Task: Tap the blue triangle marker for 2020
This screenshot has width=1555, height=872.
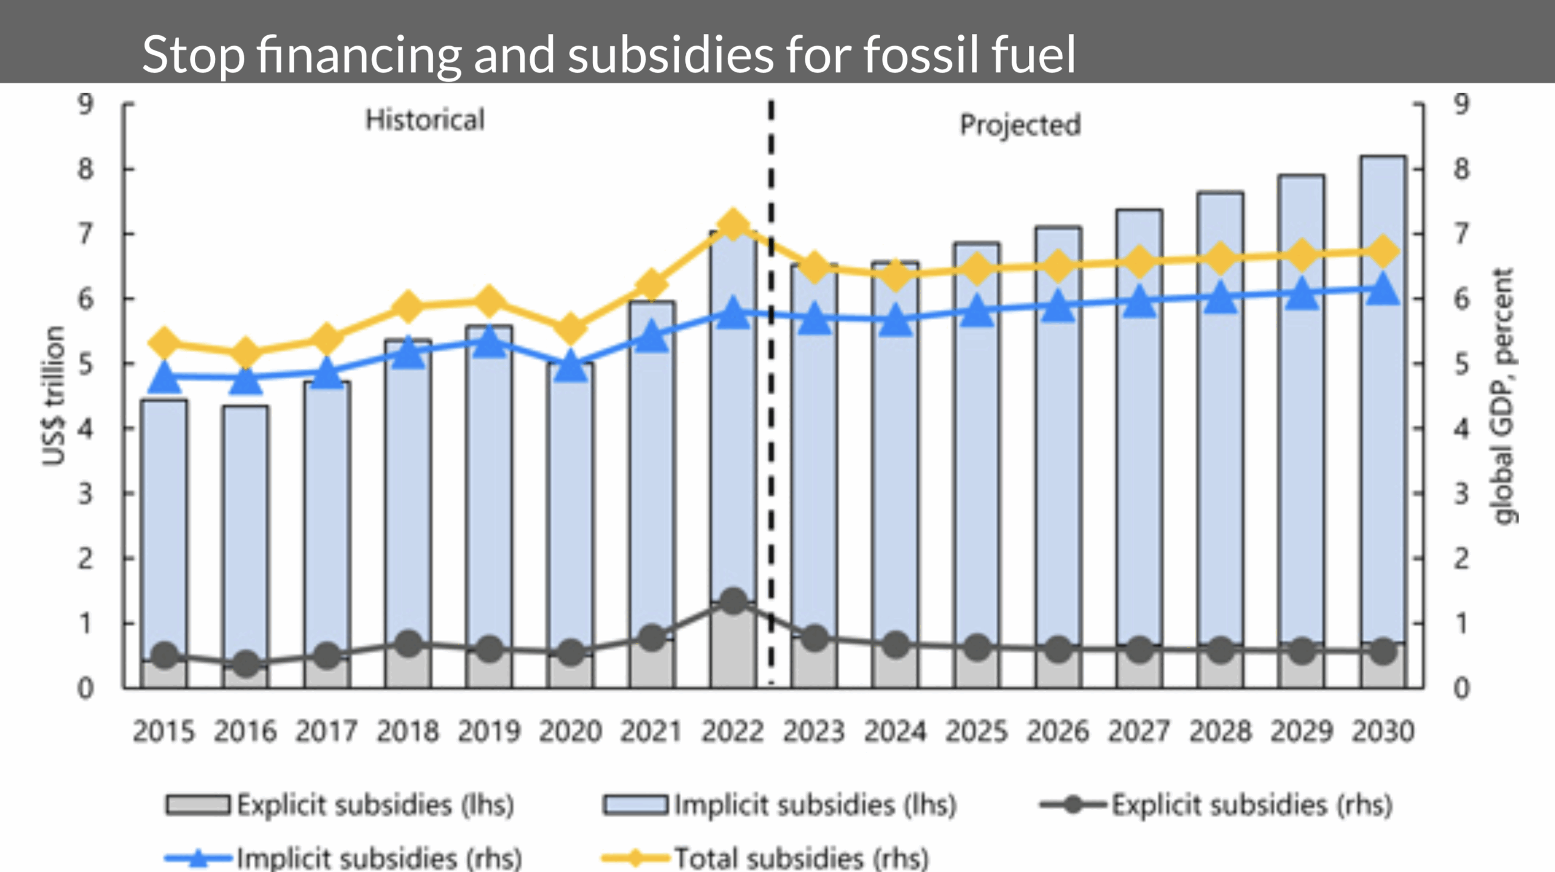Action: (x=570, y=366)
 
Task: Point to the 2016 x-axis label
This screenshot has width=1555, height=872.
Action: (x=245, y=731)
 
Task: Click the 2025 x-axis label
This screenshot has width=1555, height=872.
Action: (x=976, y=731)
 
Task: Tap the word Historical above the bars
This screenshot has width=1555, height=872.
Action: (x=425, y=120)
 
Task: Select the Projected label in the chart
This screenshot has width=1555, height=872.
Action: (x=1020, y=125)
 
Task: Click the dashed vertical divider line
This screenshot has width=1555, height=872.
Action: (x=771, y=425)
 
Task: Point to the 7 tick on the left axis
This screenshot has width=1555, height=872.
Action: (x=86, y=234)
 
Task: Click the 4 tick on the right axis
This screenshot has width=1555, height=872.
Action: (x=1461, y=429)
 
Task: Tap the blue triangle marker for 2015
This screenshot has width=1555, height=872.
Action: (x=165, y=377)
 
